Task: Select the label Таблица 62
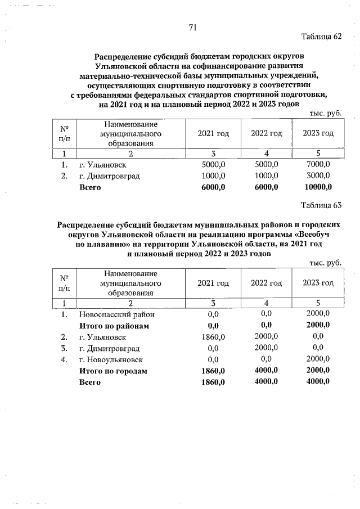pyautogui.click(x=321, y=37)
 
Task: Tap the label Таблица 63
pyautogui.click(x=321, y=205)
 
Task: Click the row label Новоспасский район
pyautogui.click(x=116, y=314)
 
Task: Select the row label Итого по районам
pyautogui.click(x=114, y=326)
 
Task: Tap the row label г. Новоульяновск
pyautogui.click(x=111, y=359)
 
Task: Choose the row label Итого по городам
pyautogui.click(x=113, y=371)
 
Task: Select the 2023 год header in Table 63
pyautogui.click(x=318, y=283)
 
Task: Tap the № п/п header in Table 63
pyautogui.click(x=64, y=283)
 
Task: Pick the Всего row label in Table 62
pyautogui.click(x=89, y=187)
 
